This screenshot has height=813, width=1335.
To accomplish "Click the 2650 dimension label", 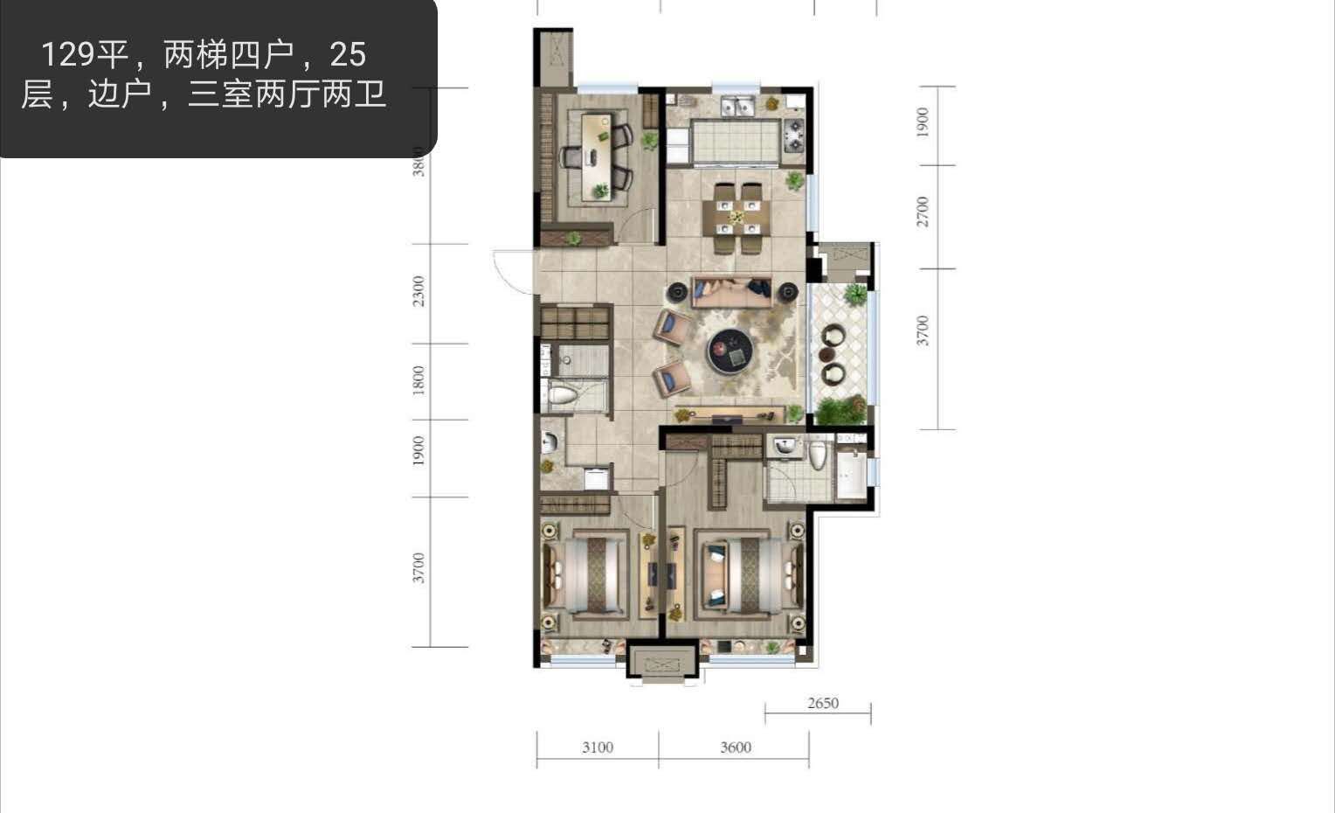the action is click(x=823, y=703).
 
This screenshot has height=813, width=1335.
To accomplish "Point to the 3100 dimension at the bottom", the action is click(x=598, y=747).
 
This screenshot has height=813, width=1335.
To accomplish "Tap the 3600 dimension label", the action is click(x=736, y=747).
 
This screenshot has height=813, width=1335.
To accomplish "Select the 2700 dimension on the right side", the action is click(x=923, y=212).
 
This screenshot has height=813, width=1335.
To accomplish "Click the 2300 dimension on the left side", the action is click(x=419, y=291).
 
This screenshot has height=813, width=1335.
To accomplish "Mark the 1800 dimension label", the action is click(x=419, y=380).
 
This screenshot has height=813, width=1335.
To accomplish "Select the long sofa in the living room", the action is click(x=732, y=292).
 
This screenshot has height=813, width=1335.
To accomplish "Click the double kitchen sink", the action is click(x=738, y=106).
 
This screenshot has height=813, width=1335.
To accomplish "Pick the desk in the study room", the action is click(x=598, y=156).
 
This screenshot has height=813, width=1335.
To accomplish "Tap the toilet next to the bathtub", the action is click(x=817, y=454).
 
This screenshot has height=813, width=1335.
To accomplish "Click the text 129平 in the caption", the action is click(x=85, y=55).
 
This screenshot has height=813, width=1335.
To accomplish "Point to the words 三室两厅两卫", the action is click(x=287, y=94).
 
